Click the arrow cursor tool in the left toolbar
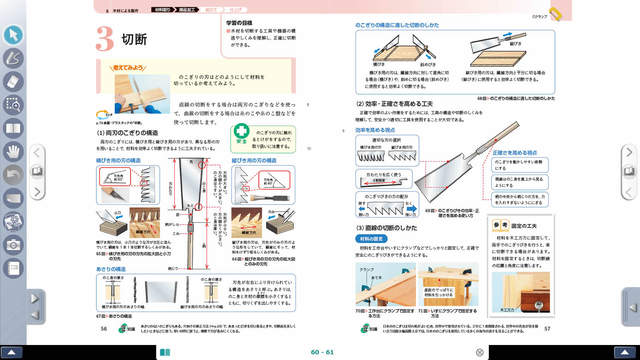point(14,34)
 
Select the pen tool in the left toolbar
point(14,57)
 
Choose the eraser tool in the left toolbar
point(14,80)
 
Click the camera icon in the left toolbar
point(14,243)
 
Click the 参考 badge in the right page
point(506,227)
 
